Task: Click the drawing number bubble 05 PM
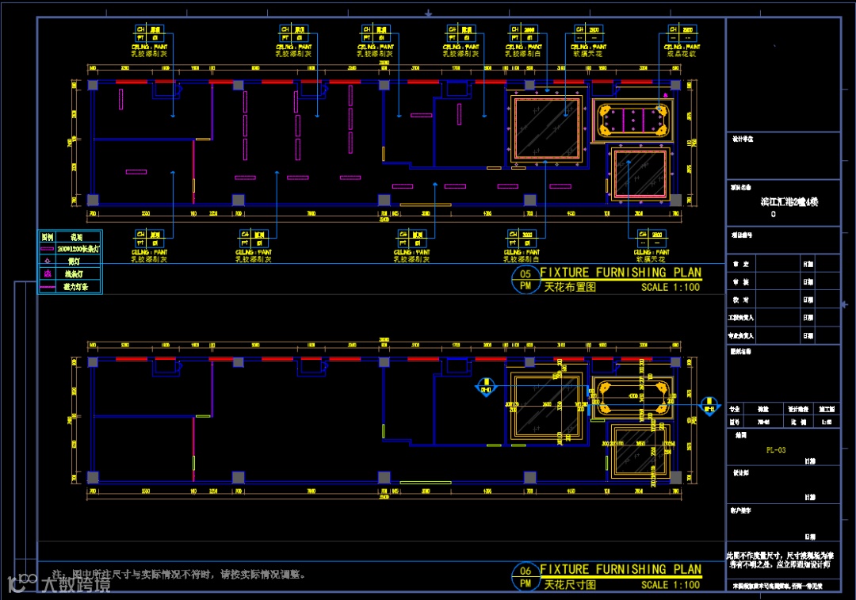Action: pos(525,280)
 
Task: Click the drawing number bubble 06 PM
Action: pos(525,577)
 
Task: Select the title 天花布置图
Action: pos(570,288)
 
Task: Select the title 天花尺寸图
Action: pos(570,585)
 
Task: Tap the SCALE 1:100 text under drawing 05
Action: pos(671,288)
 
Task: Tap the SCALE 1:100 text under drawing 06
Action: pos(671,585)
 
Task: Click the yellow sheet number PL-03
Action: pos(776,450)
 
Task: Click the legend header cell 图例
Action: pos(48,236)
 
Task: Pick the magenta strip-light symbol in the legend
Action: pos(48,248)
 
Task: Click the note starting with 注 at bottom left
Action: pos(178,574)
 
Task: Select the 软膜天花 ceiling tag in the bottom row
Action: pos(648,259)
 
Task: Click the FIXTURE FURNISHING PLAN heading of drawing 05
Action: pos(621,273)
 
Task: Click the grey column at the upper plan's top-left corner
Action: pos(93,86)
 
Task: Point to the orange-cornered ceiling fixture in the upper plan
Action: pos(632,120)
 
